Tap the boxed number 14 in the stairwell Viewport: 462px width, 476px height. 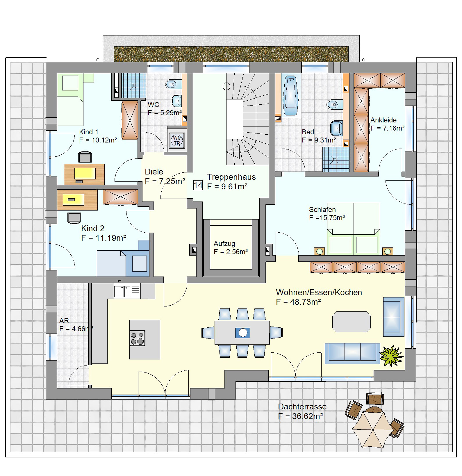click(198, 185)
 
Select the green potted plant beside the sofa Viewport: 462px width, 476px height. click(391, 355)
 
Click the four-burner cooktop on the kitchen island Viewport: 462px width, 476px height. click(137, 338)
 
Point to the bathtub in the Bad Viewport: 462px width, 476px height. click(290, 96)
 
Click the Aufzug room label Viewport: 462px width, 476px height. click(224, 244)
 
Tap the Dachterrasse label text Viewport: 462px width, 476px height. click(302, 407)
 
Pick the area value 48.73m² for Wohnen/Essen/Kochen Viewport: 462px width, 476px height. click(305, 302)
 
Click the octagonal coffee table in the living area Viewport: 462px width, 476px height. click(352, 322)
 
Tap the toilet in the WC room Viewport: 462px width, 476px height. click(172, 84)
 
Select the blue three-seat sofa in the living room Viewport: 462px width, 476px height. click(352, 353)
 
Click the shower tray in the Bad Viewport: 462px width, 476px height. click(336, 159)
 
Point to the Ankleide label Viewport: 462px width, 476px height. click(383, 120)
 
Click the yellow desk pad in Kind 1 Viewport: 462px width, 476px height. click(85, 174)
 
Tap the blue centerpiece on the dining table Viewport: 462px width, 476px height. click(243, 332)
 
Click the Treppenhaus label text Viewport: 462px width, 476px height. click(231, 177)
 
